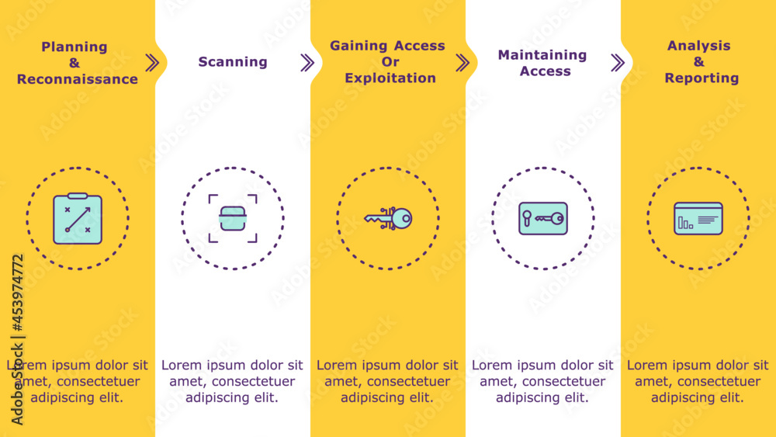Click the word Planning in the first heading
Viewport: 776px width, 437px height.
[x=74, y=47]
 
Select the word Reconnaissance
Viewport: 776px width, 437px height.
[x=78, y=79]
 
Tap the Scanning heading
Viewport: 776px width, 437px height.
[x=233, y=62]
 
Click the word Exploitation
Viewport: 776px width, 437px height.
[x=390, y=78]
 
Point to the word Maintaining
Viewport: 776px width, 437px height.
[x=542, y=55]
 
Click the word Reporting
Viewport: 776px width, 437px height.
[x=702, y=78]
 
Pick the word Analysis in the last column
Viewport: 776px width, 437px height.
[x=699, y=46]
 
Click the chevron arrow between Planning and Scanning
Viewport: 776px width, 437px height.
[x=152, y=63]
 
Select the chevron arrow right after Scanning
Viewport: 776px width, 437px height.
[x=307, y=63]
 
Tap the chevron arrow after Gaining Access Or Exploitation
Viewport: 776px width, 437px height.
[x=462, y=63]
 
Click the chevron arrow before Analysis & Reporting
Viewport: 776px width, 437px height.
[x=618, y=63]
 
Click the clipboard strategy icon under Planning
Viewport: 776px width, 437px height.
[x=78, y=219]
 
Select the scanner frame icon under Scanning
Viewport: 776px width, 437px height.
[x=233, y=219]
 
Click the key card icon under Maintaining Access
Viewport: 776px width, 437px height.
[x=543, y=219]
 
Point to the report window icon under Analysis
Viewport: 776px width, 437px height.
[x=698, y=219]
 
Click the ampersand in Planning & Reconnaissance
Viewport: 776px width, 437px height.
[x=74, y=63]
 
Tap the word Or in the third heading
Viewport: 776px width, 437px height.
[x=390, y=62]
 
